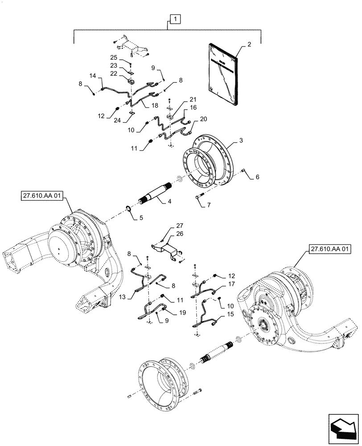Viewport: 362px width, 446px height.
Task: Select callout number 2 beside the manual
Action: (249, 45)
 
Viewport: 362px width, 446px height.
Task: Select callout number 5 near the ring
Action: (257, 178)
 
